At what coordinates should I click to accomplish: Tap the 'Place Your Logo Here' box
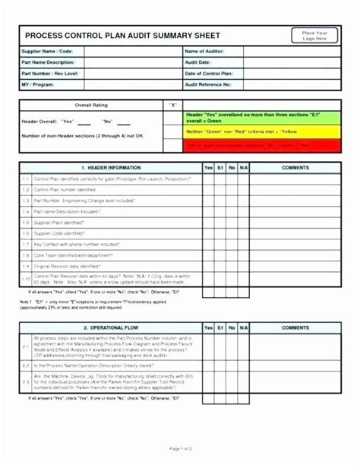314,36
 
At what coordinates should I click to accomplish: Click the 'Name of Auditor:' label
204,51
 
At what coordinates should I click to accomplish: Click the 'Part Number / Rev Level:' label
50,73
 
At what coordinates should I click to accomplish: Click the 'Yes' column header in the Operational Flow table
207,327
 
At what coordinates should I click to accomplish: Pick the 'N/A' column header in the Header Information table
243,167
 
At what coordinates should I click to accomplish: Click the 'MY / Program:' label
39,84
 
